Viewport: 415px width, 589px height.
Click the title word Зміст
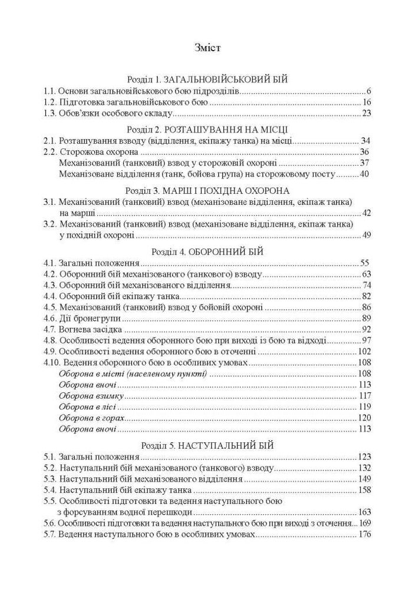(207, 48)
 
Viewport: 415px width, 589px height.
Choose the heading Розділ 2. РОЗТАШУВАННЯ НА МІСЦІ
(207, 129)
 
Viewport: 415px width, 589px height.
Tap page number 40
(364, 174)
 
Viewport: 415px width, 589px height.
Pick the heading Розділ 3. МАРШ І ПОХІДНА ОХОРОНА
(207, 190)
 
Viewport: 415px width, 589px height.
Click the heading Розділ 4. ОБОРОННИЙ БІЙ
(207, 251)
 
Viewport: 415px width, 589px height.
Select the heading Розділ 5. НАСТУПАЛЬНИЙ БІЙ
(207, 445)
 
